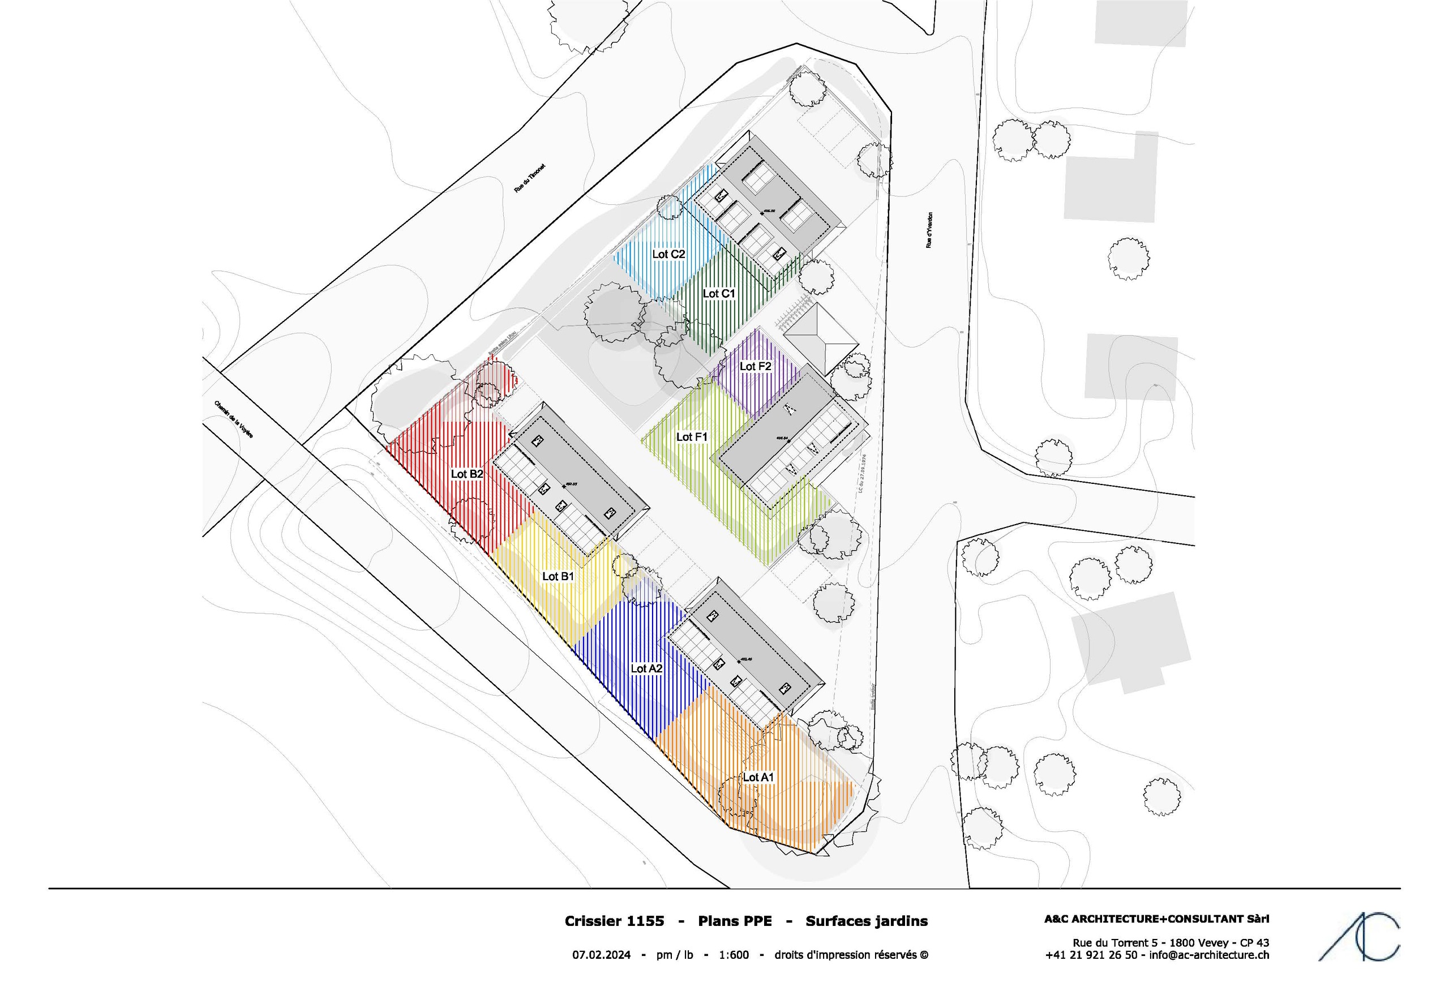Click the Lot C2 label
click(668, 254)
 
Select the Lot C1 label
click(719, 294)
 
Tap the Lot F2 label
click(756, 367)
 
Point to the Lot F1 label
click(692, 437)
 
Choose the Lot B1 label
click(558, 576)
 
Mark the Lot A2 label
click(647, 668)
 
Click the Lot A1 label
click(758, 778)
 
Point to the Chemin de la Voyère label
click(234, 420)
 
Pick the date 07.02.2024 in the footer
click(602, 955)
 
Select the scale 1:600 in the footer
click(734, 955)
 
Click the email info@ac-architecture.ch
click(1209, 955)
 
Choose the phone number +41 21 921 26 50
click(1091, 955)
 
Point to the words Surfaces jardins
click(867, 921)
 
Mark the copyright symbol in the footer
click(924, 955)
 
